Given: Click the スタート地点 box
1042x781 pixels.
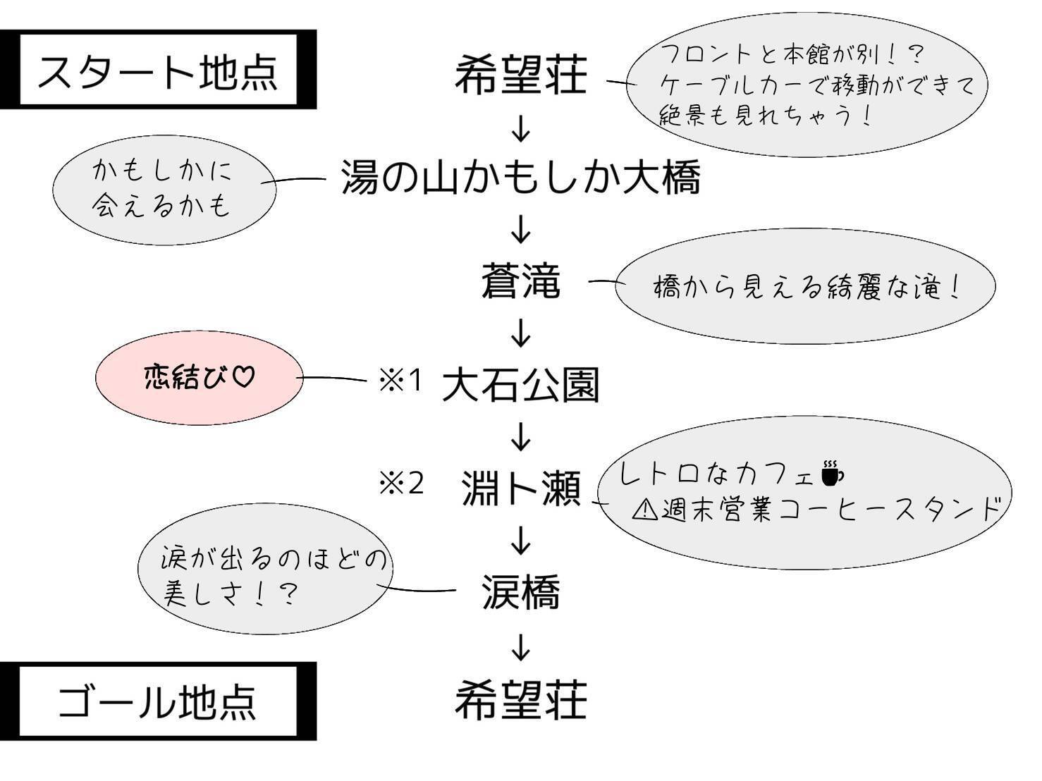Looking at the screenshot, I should click(x=158, y=70).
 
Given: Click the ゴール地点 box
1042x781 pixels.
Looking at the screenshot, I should click(x=158, y=701).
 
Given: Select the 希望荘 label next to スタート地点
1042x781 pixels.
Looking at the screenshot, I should click(x=520, y=75).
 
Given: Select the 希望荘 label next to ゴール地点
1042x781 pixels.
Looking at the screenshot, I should click(x=520, y=699).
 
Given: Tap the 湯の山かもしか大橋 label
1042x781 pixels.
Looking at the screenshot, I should click(x=520, y=177).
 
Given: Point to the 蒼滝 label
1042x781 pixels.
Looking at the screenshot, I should click(x=520, y=281).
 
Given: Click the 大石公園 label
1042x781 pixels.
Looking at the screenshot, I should click(x=520, y=385).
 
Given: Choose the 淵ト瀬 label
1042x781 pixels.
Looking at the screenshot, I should click(x=520, y=488).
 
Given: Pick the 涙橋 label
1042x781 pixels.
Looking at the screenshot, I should click(x=520, y=591).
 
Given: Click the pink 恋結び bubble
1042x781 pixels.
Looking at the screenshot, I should click(x=198, y=378).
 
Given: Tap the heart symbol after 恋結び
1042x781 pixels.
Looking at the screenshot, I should click(x=243, y=377).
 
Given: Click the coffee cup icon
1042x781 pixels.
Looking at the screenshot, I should click(x=832, y=473).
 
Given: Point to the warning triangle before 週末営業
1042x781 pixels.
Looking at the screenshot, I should click(x=644, y=509).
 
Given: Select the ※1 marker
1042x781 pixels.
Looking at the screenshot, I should click(x=400, y=381).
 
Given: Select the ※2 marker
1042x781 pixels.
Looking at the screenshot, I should click(x=401, y=484).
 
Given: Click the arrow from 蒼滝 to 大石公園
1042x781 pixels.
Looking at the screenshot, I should click(x=520, y=333).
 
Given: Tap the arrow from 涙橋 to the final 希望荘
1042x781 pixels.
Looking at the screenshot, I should click(x=520, y=646).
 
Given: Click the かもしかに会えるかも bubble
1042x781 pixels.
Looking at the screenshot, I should click(x=164, y=189).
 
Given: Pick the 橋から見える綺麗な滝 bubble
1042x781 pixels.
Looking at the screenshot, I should click(x=805, y=287).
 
